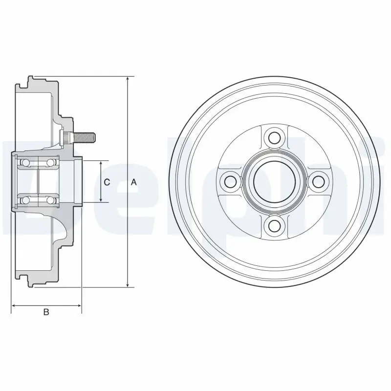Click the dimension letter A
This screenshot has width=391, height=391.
click(133, 182)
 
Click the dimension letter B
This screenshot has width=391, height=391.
click(46, 312)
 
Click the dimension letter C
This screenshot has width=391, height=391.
click(107, 182)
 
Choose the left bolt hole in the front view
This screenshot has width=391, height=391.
click(230, 181)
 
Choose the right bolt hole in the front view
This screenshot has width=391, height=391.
click(318, 181)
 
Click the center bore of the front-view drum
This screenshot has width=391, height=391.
click(274, 181)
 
